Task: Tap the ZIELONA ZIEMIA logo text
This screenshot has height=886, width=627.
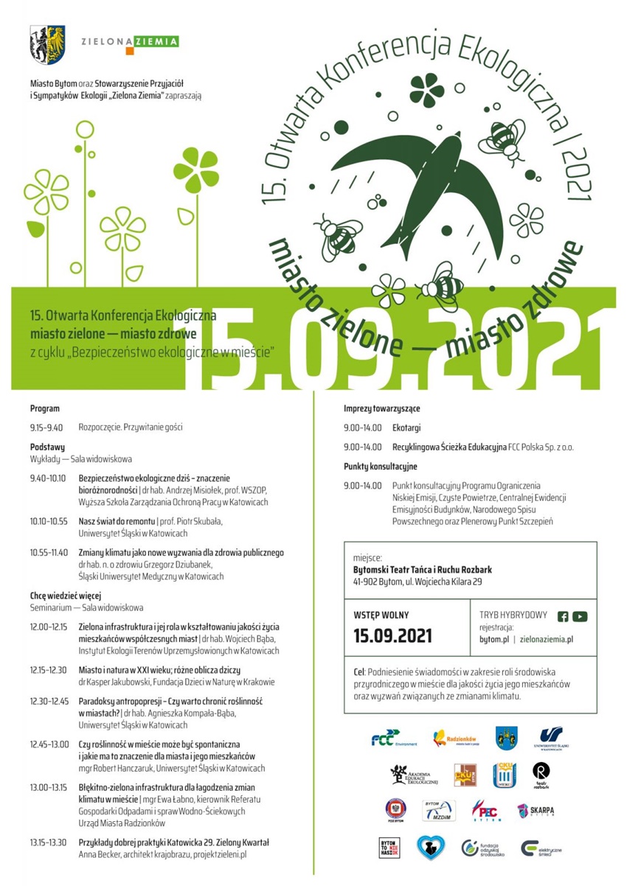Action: click(130, 42)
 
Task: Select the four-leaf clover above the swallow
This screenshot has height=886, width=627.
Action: click(426, 88)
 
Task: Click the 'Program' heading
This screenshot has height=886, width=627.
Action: click(45, 408)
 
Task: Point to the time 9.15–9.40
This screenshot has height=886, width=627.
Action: click(46, 427)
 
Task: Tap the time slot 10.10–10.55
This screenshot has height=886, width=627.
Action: click(49, 521)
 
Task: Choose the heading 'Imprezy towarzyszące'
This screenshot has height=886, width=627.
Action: click(381, 408)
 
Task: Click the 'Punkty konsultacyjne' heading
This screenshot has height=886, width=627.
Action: click(380, 467)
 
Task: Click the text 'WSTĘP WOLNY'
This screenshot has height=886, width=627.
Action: click(381, 615)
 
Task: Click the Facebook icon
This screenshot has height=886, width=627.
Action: click(563, 617)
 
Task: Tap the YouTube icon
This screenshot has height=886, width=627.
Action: click(580, 617)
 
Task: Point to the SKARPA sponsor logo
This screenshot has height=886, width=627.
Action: click(536, 810)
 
